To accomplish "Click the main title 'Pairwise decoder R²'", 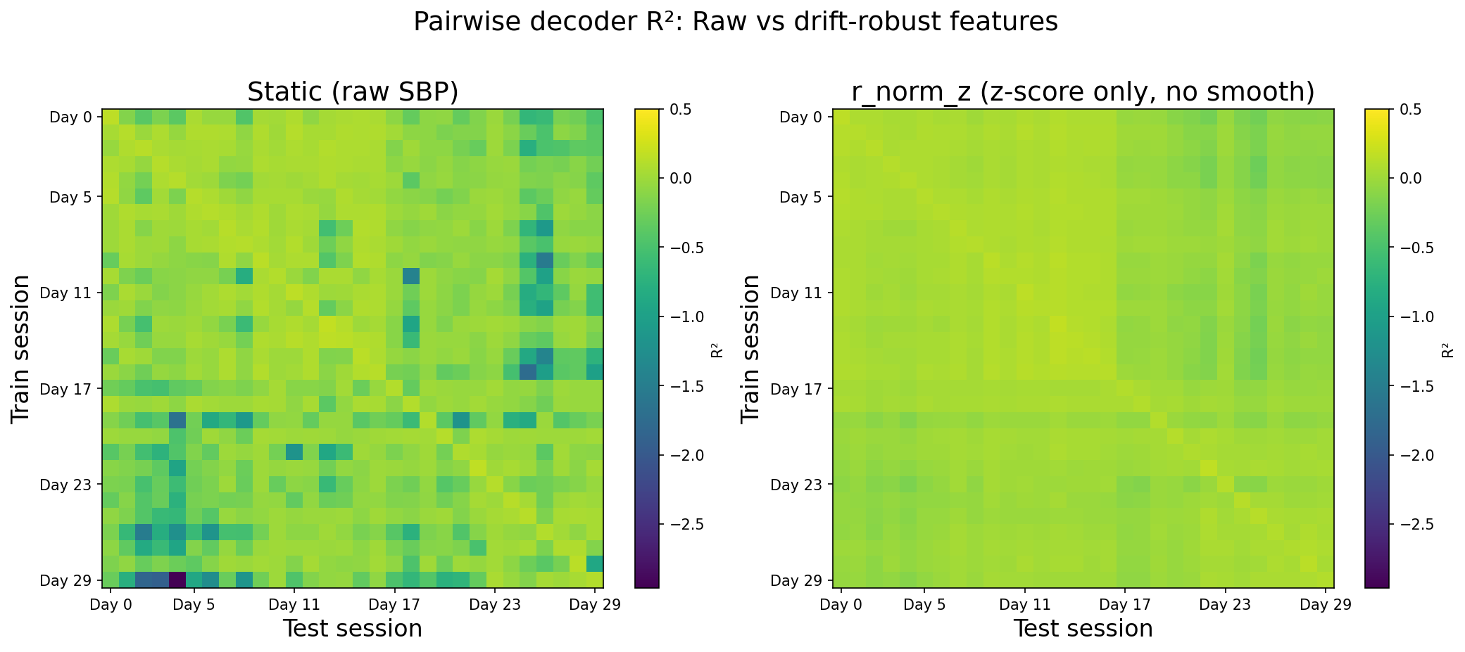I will click(x=735, y=23).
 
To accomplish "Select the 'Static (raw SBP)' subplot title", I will click(x=353, y=92).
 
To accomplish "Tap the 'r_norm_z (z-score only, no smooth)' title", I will click(x=1083, y=92).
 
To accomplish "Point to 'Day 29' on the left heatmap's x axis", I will click(x=595, y=604).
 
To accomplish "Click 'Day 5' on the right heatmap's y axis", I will click(x=801, y=197).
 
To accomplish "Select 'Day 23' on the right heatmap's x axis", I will click(x=1226, y=604).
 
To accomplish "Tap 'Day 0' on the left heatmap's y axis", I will click(x=71, y=117).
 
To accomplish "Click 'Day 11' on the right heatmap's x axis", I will click(x=1025, y=604).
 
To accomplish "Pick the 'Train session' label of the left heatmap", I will click(x=21, y=349).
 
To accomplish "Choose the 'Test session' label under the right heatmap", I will click(x=1083, y=629).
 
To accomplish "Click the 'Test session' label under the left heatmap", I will click(x=353, y=629).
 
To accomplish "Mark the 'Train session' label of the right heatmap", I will click(x=751, y=349).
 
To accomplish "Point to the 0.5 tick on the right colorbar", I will click(x=1408, y=110).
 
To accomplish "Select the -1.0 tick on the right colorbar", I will click(x=1411, y=317).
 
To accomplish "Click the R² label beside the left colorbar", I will click(x=716, y=349).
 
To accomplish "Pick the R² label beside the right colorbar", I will click(x=1447, y=349).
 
